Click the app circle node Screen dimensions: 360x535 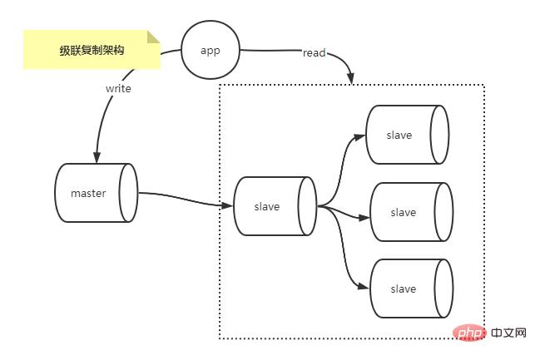click(x=211, y=50)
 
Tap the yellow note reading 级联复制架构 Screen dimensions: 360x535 click(x=92, y=51)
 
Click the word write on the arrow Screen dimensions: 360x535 click(x=118, y=87)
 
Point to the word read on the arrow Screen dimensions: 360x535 click(x=314, y=53)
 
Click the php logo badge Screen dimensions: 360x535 click(x=471, y=333)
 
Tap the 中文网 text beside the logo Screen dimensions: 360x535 click(x=509, y=333)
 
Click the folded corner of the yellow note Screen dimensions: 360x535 click(x=153, y=37)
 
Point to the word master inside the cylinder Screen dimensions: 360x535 click(x=88, y=194)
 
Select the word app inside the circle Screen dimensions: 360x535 click(x=211, y=50)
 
